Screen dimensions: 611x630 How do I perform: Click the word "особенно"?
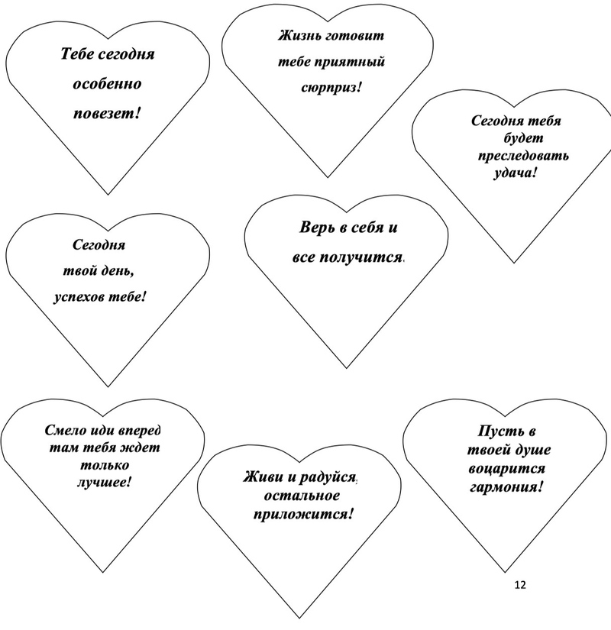pos(108,84)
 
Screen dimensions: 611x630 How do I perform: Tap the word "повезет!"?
pos(108,113)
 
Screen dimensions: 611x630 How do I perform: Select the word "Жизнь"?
pos(299,35)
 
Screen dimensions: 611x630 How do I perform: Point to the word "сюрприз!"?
pos(331,88)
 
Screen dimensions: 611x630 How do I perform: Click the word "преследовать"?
pos(523,156)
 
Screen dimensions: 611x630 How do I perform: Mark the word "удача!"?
pos(515,173)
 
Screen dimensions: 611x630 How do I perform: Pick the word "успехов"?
pos(79,297)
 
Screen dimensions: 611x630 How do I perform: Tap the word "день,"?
pos(118,271)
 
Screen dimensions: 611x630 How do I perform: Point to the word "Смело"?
pos(65,431)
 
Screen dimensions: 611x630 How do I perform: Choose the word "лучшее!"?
pos(104,482)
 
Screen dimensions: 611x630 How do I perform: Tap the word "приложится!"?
pos(303,514)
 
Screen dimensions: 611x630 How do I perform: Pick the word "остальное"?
pos(302,496)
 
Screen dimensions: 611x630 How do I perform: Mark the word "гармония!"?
pos(506,487)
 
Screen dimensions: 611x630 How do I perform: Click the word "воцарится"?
pos(507,469)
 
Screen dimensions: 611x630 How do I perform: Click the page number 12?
pos(520,585)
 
